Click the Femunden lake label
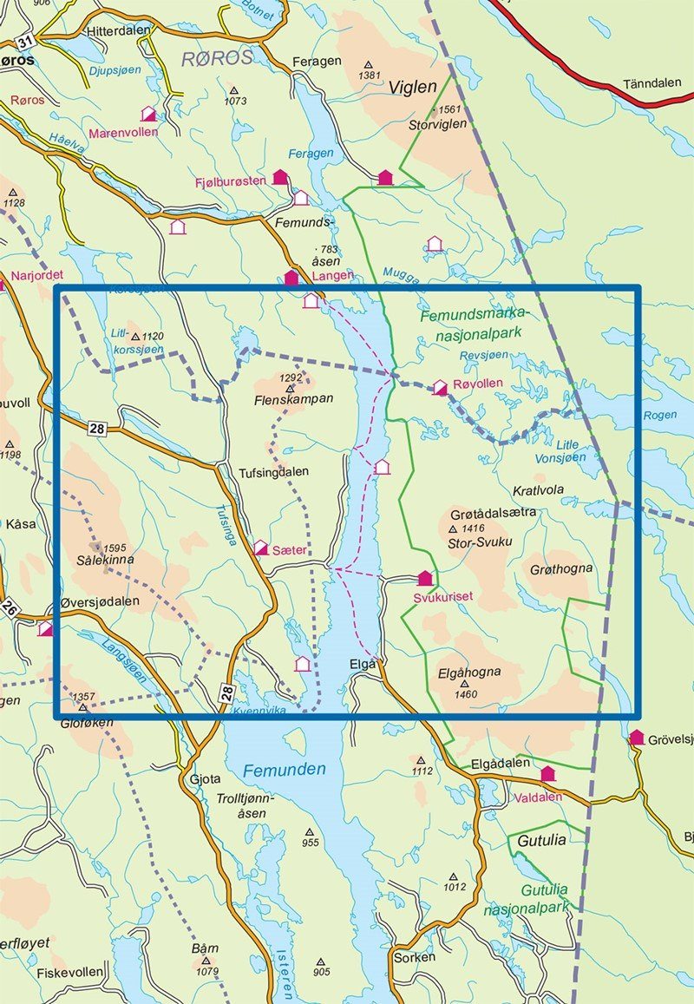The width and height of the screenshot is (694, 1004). coord(285,770)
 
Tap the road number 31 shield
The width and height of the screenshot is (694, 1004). coord(27,40)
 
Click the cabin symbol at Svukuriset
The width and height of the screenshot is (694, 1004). coord(424,578)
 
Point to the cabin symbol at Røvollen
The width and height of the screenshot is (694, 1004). coord(440,387)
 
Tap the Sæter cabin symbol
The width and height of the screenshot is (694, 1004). coord(260,548)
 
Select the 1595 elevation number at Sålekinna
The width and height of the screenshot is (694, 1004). coord(115,548)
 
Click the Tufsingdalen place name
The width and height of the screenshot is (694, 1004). coord(273,472)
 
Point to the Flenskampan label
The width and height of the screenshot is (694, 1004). coord(293,400)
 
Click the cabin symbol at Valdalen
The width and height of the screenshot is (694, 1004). coord(547,774)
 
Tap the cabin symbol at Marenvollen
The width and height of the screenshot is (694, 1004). coord(148,114)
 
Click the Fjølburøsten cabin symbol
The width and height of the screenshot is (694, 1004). coord(279,177)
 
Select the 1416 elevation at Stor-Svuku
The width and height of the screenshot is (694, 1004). coord(473,528)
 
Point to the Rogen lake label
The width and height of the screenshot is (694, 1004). coord(660,415)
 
